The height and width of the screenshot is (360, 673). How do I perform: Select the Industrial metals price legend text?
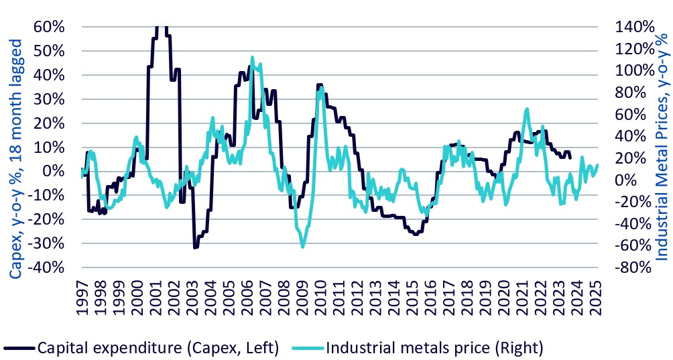[434, 347]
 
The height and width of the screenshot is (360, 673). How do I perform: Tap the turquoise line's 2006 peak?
[252, 58]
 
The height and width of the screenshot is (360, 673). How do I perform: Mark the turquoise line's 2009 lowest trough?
[303, 247]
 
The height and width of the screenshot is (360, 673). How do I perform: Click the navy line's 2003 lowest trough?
[195, 248]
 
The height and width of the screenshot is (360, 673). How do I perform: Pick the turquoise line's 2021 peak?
[527, 109]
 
